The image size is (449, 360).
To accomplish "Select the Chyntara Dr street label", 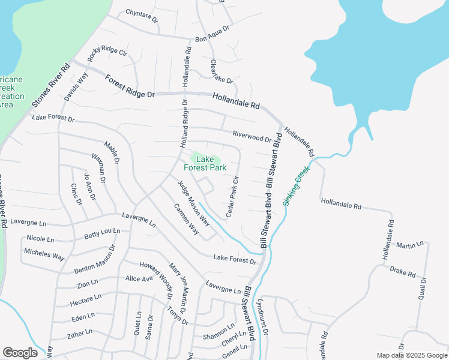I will tap(142, 16).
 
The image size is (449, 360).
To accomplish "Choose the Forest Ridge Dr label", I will tap(130, 86).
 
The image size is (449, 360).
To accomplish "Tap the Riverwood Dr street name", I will tap(252, 137).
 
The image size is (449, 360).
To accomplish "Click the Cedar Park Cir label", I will tap(232, 196).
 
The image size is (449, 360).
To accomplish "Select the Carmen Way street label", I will tap(186, 218).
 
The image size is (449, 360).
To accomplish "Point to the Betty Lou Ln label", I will tap(102, 233).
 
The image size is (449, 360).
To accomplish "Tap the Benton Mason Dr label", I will tap(95, 260).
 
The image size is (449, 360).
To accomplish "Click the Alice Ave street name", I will tap(139, 278).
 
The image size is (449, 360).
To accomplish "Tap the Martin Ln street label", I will tap(410, 245).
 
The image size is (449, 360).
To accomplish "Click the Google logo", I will tap(20, 353).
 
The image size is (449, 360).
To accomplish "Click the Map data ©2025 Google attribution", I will tap(412, 355).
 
